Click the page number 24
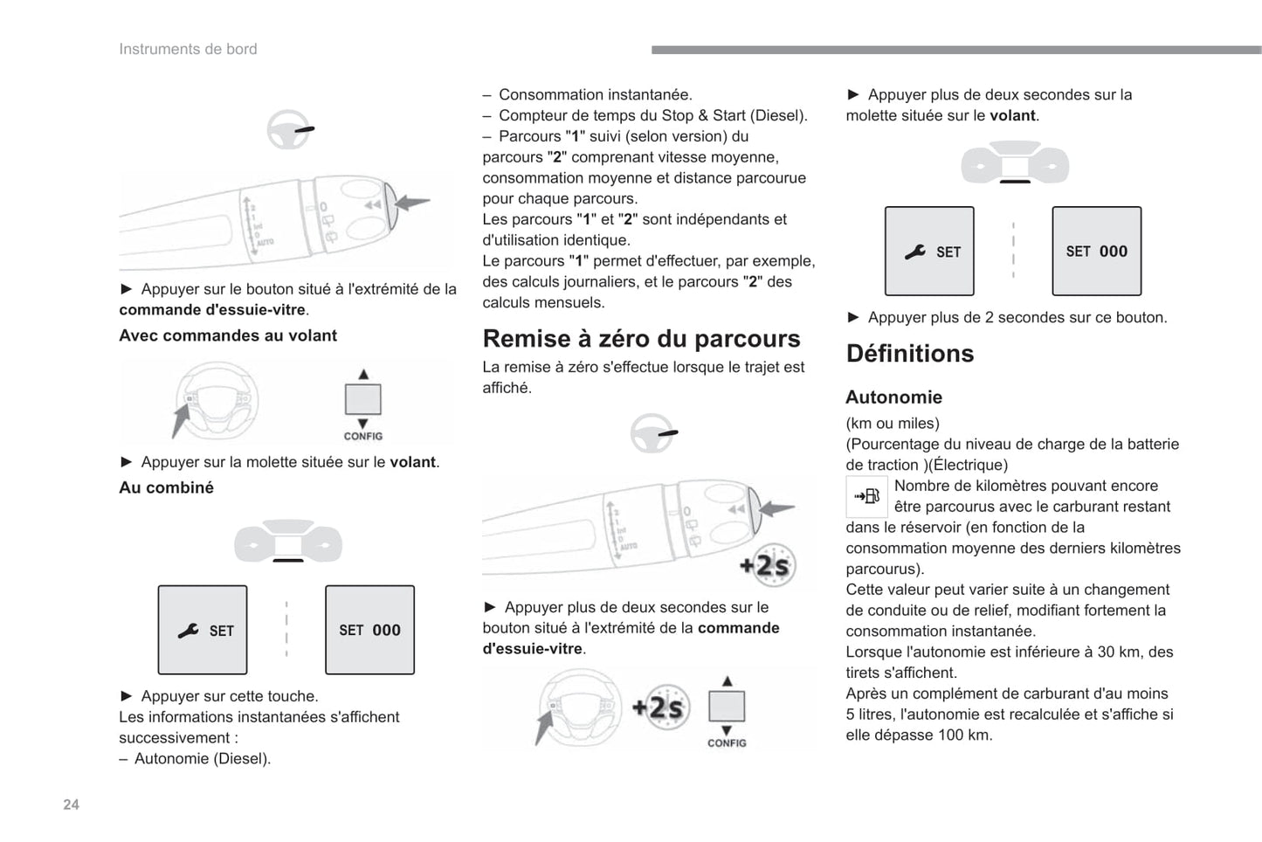(x=71, y=804)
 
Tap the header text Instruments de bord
(x=188, y=49)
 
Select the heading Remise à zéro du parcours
(x=641, y=338)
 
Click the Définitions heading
(x=909, y=353)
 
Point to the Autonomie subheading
(x=893, y=397)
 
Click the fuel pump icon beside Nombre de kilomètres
(x=866, y=496)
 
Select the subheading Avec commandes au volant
(x=228, y=335)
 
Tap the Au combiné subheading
(x=166, y=487)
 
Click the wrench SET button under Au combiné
(x=203, y=630)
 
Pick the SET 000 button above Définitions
(x=1096, y=252)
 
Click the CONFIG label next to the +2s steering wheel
(x=727, y=743)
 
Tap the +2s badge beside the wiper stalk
(x=765, y=566)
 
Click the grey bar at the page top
(x=955, y=50)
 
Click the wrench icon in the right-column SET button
(x=914, y=252)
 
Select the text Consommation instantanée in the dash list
(x=595, y=94)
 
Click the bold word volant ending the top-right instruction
(x=1012, y=115)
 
